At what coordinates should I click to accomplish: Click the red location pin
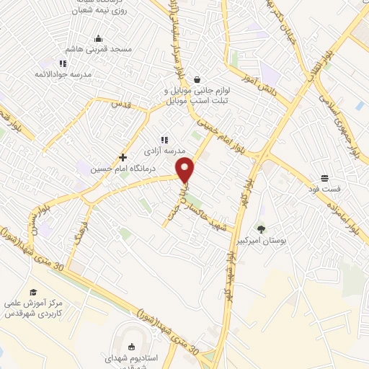click(x=185, y=170)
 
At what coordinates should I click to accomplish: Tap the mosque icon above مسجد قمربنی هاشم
click(x=99, y=39)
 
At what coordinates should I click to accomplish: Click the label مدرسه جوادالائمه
click(x=63, y=74)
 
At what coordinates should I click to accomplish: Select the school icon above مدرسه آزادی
click(x=164, y=141)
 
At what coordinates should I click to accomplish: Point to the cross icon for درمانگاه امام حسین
click(x=123, y=157)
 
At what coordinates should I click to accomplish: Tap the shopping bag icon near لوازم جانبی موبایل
click(x=197, y=81)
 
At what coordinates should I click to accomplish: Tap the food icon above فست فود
click(x=325, y=177)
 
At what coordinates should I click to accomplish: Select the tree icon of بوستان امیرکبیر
click(x=261, y=228)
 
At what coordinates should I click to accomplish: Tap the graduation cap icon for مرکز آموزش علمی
click(x=32, y=292)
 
